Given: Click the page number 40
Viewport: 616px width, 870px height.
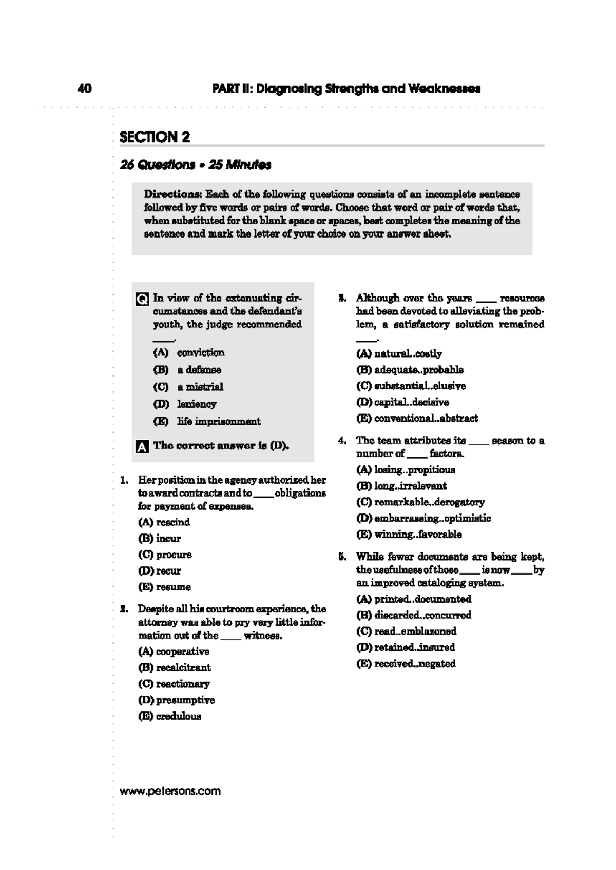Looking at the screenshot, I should [x=85, y=89].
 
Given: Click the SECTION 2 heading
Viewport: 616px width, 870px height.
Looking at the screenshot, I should [x=155, y=137].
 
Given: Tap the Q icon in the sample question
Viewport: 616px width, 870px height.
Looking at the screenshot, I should [x=142, y=299].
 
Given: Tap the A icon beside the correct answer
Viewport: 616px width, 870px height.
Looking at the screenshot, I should [x=142, y=446].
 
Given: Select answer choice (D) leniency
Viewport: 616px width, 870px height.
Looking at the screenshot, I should [x=185, y=404].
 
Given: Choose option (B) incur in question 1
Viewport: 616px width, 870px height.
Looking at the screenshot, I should [x=159, y=538].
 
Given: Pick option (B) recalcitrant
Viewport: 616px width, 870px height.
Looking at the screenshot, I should [x=174, y=667].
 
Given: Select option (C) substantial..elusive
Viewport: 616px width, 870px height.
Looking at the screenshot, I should [x=411, y=386].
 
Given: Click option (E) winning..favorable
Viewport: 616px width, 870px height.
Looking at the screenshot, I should [x=409, y=534].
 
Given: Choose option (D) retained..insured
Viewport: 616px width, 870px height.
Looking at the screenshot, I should [x=406, y=647].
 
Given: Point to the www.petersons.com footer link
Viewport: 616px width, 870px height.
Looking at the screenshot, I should [x=170, y=791].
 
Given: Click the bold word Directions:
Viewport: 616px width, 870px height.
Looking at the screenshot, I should [x=173, y=194].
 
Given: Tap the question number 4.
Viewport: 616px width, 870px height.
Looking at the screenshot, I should [x=342, y=441].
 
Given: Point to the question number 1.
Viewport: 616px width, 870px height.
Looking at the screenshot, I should [x=124, y=480].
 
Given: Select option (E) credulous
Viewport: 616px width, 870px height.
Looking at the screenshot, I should [x=169, y=716].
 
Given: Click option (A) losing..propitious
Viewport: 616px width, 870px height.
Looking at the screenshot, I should [x=406, y=469].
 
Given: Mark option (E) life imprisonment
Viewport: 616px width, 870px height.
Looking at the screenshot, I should [x=207, y=421].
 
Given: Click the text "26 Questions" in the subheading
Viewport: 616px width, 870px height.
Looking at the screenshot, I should [x=157, y=165].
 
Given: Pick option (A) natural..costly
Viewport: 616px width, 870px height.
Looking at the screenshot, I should [x=399, y=353].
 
